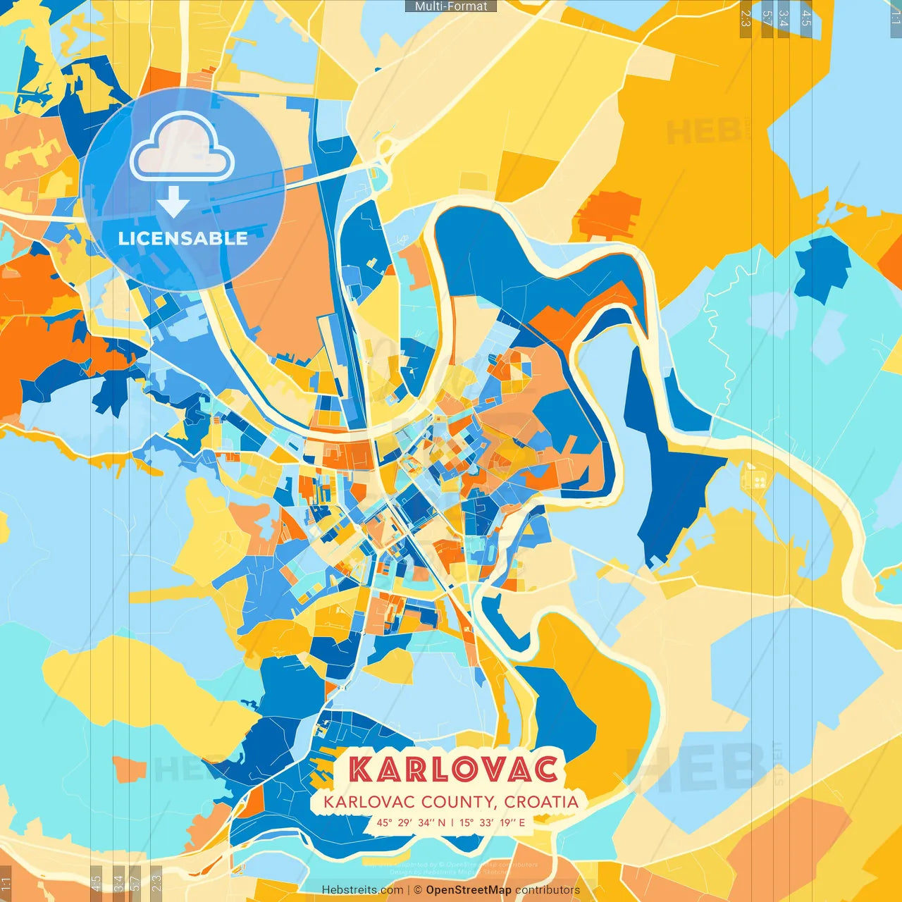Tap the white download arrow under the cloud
click(173, 202)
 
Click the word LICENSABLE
click(183, 238)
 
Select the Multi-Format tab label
click(451, 6)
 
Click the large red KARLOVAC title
click(455, 769)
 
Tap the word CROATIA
click(541, 802)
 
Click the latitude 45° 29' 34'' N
click(411, 822)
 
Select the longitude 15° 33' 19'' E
click(492, 822)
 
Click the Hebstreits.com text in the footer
click(362, 890)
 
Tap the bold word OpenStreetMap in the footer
click(469, 890)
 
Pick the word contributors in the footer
click(548, 890)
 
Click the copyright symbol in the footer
click(418, 890)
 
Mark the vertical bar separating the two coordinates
click(452, 822)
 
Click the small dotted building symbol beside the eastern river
click(755, 480)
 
